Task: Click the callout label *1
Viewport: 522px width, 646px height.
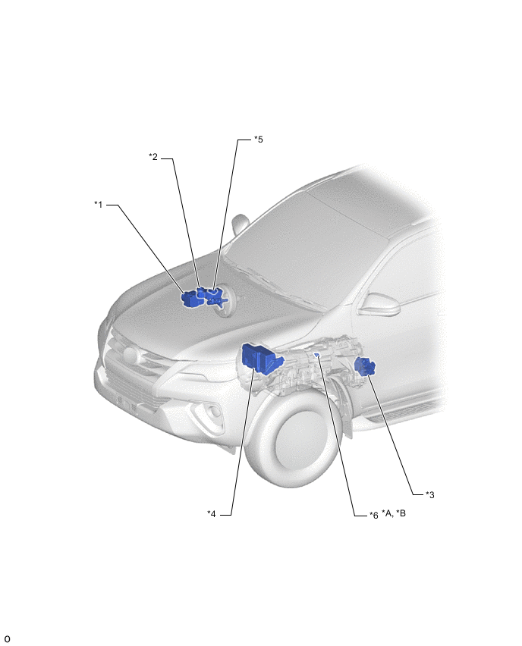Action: tap(98, 205)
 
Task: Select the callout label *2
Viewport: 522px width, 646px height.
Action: tap(153, 157)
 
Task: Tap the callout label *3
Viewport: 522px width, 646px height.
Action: tap(429, 495)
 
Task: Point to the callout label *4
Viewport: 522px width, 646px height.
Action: tap(212, 514)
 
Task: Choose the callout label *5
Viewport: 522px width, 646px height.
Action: tap(259, 140)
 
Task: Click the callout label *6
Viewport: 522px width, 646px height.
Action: tap(373, 515)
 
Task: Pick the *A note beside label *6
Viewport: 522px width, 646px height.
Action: tap(387, 513)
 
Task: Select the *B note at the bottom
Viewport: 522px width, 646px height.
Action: tap(401, 513)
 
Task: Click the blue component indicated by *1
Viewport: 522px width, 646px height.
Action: tap(192, 299)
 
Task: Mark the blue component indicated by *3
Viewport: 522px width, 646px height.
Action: tap(365, 366)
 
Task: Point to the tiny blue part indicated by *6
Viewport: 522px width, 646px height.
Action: tap(317, 354)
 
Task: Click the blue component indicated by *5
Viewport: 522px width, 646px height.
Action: tap(215, 296)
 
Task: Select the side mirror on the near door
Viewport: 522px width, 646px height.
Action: tap(379, 304)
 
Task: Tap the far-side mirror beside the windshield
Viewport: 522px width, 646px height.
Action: tap(239, 224)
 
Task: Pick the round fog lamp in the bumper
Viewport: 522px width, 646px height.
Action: tap(214, 412)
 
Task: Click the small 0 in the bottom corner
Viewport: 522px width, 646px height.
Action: tap(7, 639)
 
